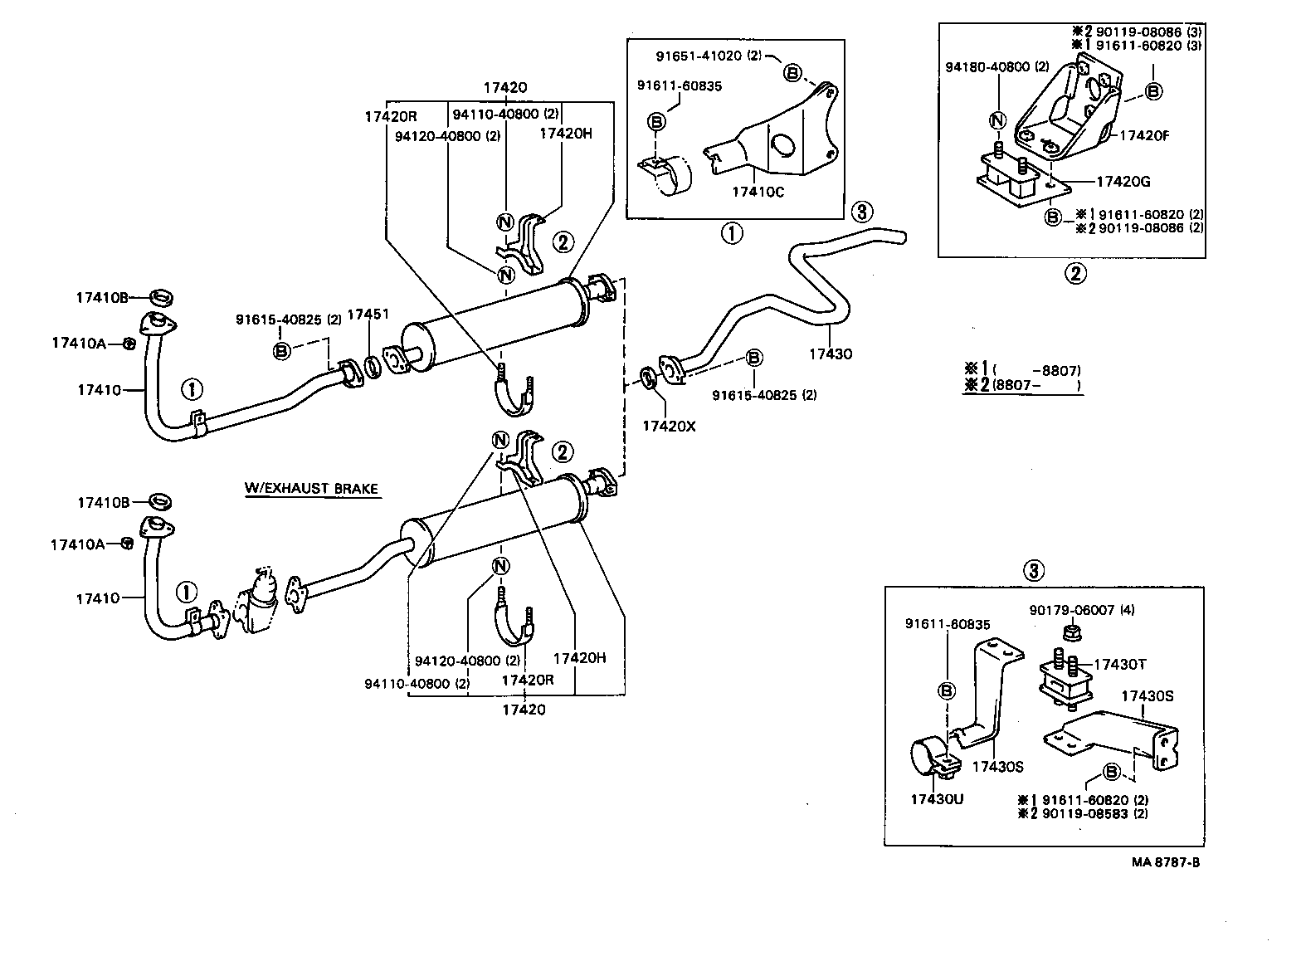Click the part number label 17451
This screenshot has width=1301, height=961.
pos(368,315)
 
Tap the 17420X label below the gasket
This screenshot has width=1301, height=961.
pos(670,426)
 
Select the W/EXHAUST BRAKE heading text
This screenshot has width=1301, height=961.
pos(311,488)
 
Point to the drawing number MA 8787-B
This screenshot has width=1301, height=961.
pos(1166,862)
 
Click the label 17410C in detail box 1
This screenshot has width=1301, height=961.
pos(758,192)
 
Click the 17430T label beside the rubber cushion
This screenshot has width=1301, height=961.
pos(1120,664)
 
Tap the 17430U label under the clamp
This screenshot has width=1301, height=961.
pos(938,798)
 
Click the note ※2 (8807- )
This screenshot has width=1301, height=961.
pos(1022,385)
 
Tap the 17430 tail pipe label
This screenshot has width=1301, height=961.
pos(831,354)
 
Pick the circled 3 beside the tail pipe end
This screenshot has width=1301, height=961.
pos(861,212)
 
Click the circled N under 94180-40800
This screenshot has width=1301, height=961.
pos(997,121)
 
